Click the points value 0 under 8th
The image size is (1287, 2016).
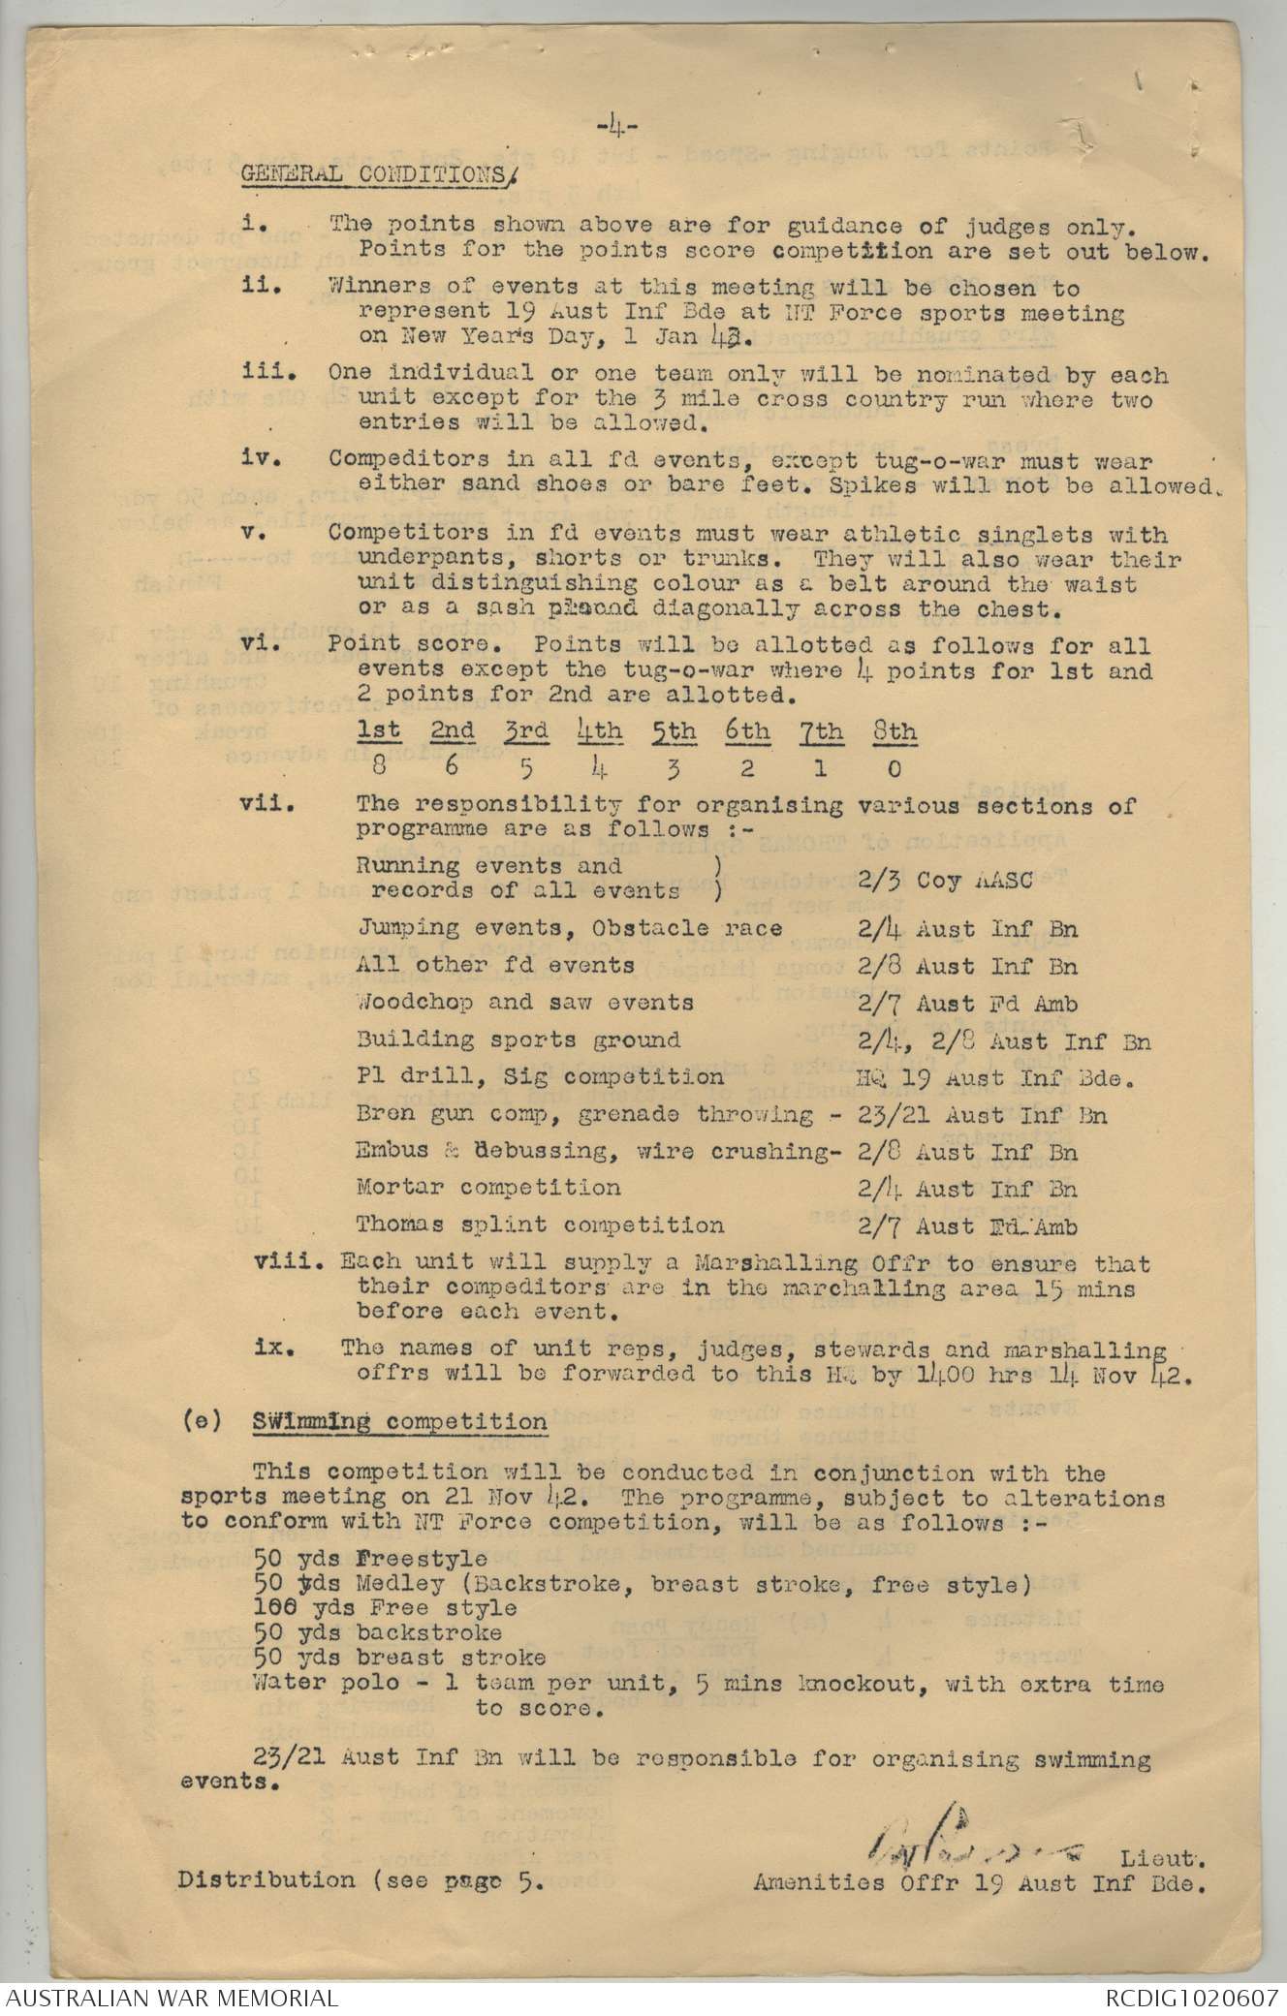[893, 768]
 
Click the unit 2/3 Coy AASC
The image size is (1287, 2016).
[944, 880]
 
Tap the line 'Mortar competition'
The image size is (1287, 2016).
[487, 1188]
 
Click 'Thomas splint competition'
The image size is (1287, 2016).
[540, 1225]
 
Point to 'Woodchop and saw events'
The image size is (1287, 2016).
[525, 1003]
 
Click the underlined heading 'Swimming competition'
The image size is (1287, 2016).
[399, 1422]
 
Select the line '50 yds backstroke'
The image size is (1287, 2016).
[378, 1631]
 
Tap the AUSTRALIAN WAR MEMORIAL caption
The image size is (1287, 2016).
[171, 1997]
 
